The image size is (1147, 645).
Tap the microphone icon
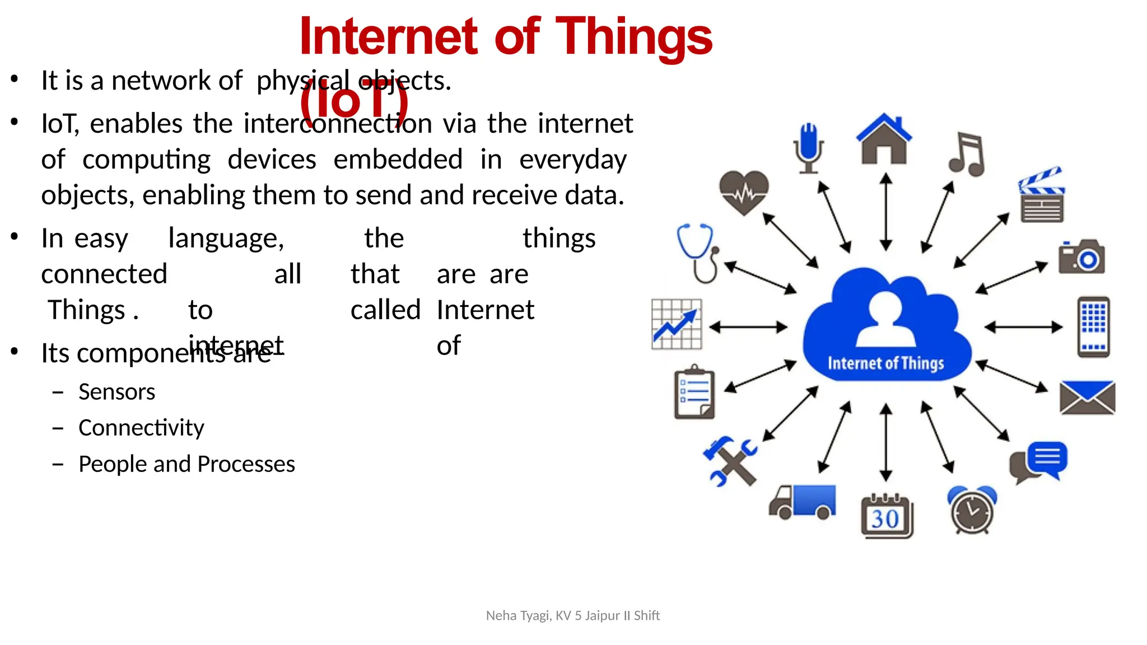(808, 148)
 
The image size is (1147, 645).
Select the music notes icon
(967, 155)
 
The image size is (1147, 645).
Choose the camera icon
(1081, 257)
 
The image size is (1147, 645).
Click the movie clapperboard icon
(1041, 195)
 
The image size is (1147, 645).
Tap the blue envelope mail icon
(1087, 398)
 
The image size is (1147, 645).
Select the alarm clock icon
(972, 510)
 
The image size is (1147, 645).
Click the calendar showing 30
(887, 516)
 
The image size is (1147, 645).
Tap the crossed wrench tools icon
(730, 461)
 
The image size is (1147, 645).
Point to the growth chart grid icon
(677, 324)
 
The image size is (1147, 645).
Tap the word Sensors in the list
(116, 392)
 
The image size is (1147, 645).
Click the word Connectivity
(141, 428)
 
